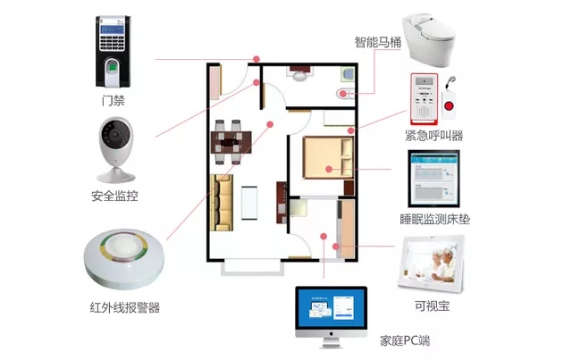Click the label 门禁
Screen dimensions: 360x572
point(114,101)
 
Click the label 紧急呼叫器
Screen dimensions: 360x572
point(434,136)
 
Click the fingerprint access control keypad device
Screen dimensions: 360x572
point(118,50)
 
